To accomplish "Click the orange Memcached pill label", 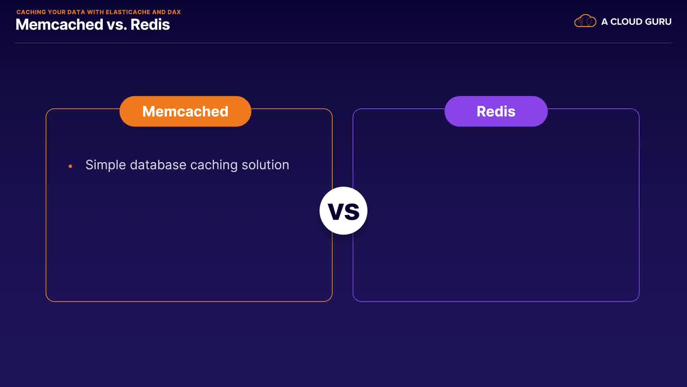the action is coord(185,111).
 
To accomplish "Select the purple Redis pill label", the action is coord(496,111).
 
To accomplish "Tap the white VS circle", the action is coord(343,211).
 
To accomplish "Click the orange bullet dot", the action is coord(70,166).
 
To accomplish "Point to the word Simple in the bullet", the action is coord(106,165).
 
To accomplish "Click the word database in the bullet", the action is coord(158,165).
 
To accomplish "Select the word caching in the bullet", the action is coord(214,165).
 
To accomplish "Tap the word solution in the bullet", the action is coord(265,165).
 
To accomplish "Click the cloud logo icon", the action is coord(585,21).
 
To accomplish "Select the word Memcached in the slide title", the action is coord(59,24).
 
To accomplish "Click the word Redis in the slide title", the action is coord(150,24).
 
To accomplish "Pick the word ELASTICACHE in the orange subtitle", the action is coord(128,12).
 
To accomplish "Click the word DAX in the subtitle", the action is coord(174,12).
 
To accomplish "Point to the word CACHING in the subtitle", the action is coord(31,12).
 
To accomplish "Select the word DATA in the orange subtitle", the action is coord(76,12).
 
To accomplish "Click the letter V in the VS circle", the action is coord(335,211).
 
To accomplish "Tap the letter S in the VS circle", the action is coord(351,211).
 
